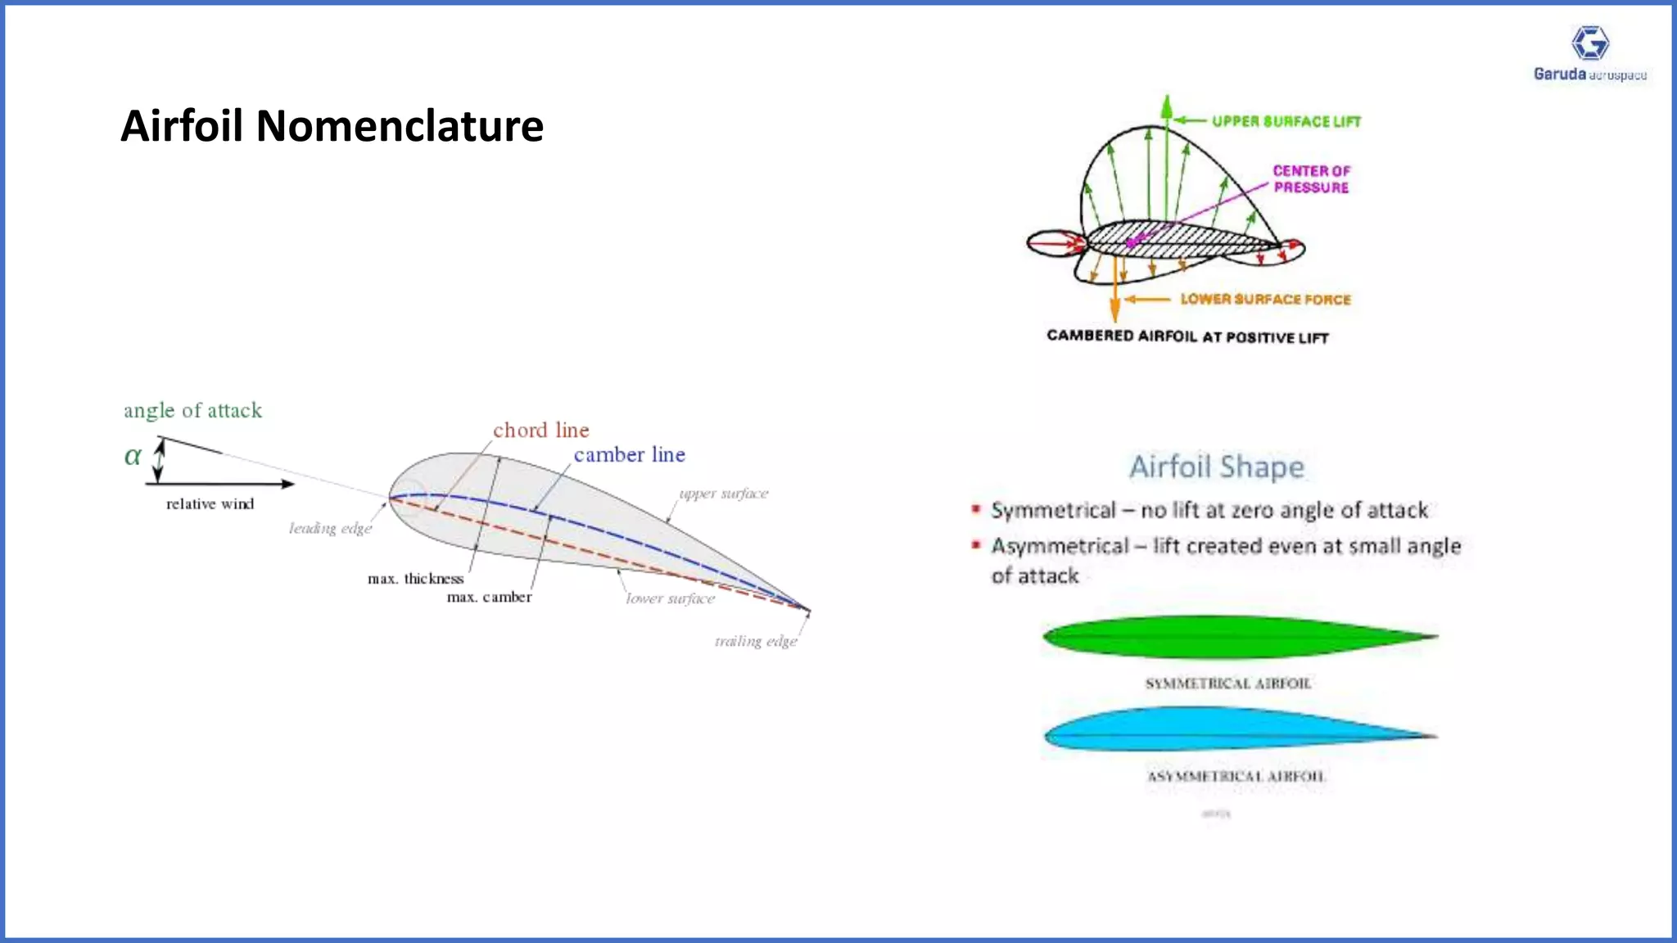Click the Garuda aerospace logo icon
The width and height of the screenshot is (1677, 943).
(x=1590, y=43)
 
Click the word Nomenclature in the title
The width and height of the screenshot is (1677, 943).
(x=400, y=126)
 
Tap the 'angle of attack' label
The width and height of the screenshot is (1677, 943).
(x=192, y=410)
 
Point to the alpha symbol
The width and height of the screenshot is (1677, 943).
(x=133, y=456)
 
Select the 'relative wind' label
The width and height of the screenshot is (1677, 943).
(x=210, y=504)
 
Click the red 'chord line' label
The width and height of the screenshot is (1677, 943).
(x=540, y=431)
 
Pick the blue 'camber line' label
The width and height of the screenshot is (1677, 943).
(x=629, y=455)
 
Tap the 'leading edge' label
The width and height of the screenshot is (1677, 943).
(x=330, y=529)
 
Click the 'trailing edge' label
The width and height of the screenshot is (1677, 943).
(x=755, y=641)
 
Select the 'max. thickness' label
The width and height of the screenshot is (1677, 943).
(x=415, y=579)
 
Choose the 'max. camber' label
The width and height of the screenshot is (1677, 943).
(x=489, y=598)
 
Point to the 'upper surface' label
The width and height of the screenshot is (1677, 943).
(x=723, y=494)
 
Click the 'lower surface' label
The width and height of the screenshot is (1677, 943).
(x=670, y=599)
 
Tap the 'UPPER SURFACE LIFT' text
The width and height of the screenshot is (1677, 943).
(x=1286, y=122)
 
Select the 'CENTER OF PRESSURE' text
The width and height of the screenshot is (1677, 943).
(x=1311, y=179)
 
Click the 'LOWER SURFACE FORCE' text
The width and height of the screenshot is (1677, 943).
(x=1265, y=300)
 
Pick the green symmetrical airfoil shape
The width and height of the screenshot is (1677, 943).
(x=1228, y=637)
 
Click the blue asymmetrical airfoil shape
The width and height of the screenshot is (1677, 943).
(x=1228, y=729)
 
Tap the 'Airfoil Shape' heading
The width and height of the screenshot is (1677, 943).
(x=1217, y=467)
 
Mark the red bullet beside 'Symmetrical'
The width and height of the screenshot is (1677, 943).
(x=975, y=509)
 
